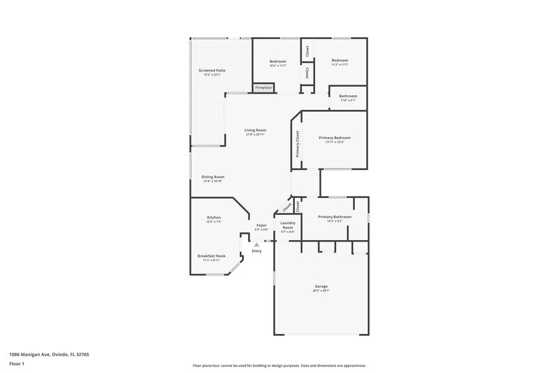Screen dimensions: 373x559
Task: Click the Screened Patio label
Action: point(212,71)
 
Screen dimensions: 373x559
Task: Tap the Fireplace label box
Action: point(263,87)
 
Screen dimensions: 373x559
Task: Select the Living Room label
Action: point(255,130)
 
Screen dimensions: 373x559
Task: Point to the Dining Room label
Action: point(212,177)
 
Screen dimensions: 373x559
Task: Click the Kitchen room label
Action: point(214,218)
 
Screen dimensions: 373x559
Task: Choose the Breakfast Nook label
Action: point(211,256)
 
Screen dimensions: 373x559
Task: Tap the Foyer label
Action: point(261,225)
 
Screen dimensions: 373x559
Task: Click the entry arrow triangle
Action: point(256,244)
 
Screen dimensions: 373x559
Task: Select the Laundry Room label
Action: point(287,225)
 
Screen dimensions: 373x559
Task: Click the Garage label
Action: point(321,286)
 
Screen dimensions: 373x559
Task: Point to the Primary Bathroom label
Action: point(335,217)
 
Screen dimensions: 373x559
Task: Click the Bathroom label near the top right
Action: point(348,96)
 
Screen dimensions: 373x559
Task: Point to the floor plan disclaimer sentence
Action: point(279,365)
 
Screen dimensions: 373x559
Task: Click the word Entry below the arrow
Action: point(256,251)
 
